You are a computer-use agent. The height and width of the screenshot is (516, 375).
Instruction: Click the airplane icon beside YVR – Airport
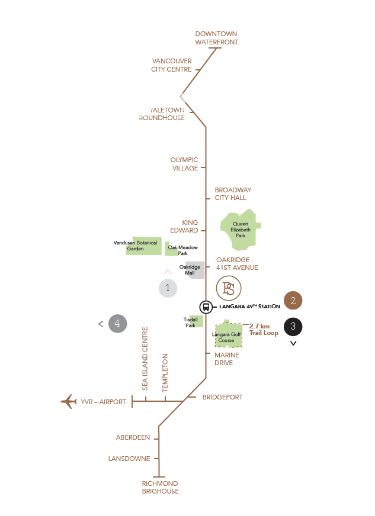pyautogui.click(x=69, y=401)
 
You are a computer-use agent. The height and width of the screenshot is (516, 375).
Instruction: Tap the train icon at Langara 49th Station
pyautogui.click(x=206, y=307)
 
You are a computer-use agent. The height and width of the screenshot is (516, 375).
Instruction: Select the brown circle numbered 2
pyautogui.click(x=293, y=301)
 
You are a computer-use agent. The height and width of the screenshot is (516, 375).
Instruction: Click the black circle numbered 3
pyautogui.click(x=293, y=327)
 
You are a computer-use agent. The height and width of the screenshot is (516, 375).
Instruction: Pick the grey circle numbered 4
pyautogui.click(x=118, y=324)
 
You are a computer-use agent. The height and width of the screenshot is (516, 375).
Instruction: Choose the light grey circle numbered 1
pyautogui.click(x=168, y=288)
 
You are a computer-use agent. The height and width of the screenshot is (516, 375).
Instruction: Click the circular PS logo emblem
pyautogui.click(x=229, y=288)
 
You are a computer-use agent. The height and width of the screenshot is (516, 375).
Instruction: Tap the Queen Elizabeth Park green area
pyautogui.click(x=240, y=230)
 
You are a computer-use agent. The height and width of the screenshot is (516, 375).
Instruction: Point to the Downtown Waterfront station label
pyautogui.click(x=216, y=38)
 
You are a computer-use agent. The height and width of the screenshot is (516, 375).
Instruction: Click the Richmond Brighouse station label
pyautogui.click(x=161, y=487)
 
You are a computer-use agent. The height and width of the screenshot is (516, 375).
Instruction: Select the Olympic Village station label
pyautogui.click(x=184, y=164)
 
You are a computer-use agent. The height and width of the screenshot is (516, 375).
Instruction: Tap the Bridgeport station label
pyautogui.click(x=222, y=397)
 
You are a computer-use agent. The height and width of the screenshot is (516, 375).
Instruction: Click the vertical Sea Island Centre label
pyautogui.click(x=145, y=359)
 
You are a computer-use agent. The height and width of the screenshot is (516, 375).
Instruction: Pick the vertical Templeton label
pyautogui.click(x=165, y=373)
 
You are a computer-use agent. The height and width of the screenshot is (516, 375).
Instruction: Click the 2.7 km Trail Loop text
pyautogui.click(x=264, y=330)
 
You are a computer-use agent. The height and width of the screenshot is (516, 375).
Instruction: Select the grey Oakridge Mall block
pyautogui.click(x=195, y=270)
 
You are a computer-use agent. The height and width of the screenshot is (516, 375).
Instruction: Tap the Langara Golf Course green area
pyautogui.click(x=228, y=334)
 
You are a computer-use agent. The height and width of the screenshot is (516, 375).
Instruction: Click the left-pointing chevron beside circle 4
pyautogui.click(x=101, y=324)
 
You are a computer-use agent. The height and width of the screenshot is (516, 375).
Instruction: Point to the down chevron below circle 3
pyautogui.click(x=293, y=343)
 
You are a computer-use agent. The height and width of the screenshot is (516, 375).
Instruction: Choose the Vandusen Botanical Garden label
pyautogui.click(x=136, y=246)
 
